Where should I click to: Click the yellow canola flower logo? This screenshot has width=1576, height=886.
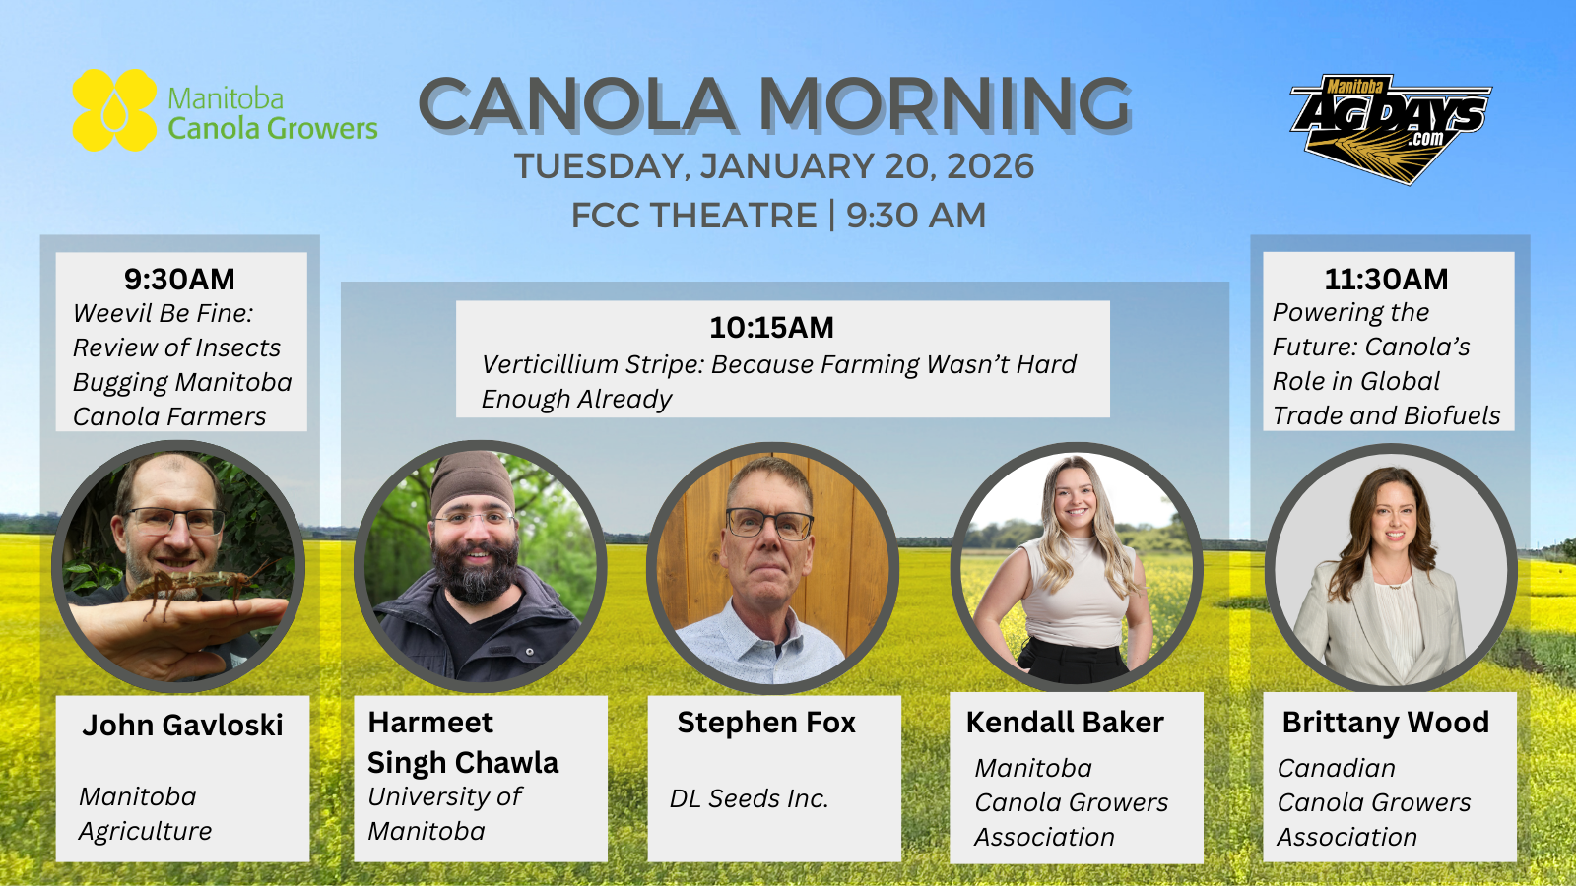[114, 109]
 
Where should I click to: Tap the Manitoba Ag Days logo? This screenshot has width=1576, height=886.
[1390, 129]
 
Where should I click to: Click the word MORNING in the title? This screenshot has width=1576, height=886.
[945, 104]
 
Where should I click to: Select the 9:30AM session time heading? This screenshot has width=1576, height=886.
[179, 280]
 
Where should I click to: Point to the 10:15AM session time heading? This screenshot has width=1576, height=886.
[772, 328]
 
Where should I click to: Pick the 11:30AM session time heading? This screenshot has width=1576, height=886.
[1386, 280]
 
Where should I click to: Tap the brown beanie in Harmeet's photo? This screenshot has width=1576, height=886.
[473, 482]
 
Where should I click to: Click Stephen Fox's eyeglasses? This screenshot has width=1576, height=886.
[769, 525]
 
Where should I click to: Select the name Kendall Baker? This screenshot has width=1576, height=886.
[1065, 723]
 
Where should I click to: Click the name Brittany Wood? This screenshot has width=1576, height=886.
[1385, 723]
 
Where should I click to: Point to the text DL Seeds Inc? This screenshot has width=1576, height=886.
[749, 798]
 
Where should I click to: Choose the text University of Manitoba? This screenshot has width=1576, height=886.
[444, 813]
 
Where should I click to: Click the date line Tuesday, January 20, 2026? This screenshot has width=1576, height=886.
[774, 166]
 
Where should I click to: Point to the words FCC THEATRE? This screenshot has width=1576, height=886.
[693, 216]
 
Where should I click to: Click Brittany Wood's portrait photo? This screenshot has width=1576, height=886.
[1391, 568]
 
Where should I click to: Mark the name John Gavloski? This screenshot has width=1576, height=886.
[182, 725]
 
